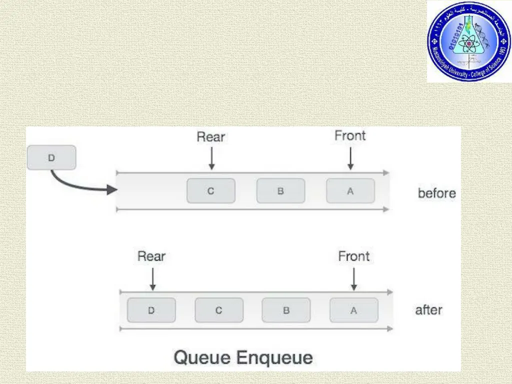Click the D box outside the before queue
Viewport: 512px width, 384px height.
[51, 157]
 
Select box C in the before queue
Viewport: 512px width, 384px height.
[210, 190]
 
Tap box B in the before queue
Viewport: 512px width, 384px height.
[280, 190]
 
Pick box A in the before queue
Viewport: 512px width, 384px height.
[350, 190]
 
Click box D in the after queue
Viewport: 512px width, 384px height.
[151, 310]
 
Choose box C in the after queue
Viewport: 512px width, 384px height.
[218, 310]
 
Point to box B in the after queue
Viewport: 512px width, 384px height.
[286, 310]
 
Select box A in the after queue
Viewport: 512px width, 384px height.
[353, 310]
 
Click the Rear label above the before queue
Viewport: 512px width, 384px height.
[211, 136]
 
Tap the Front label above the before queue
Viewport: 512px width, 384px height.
[350, 135]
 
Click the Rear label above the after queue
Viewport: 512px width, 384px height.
[151, 256]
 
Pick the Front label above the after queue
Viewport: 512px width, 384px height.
[354, 256]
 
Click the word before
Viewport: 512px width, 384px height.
[436, 193]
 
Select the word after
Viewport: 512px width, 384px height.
[428, 310]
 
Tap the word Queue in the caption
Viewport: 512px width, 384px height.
[201, 358]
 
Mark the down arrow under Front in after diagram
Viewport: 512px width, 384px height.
[354, 278]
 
